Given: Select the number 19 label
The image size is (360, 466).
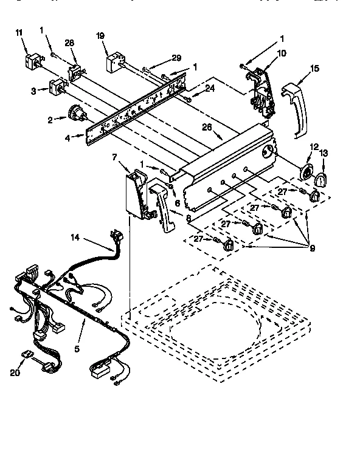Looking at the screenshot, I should [x=101, y=36].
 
